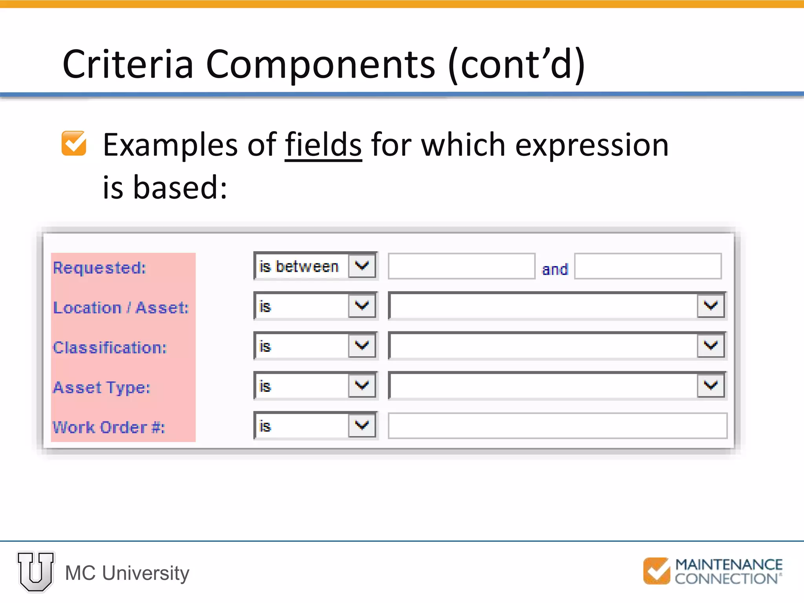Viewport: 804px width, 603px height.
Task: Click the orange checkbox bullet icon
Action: tap(74, 143)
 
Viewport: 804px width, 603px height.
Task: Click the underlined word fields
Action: tap(323, 145)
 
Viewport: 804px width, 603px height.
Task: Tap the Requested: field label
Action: tap(99, 268)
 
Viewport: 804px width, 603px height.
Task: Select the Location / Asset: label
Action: tap(121, 308)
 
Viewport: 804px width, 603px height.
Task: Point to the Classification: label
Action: tap(110, 348)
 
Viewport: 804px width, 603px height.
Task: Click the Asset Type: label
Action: tap(102, 388)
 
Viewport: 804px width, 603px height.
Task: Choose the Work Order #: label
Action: tap(109, 427)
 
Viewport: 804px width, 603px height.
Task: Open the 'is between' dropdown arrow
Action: tap(362, 266)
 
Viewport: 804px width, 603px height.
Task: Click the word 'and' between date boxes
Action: tap(555, 269)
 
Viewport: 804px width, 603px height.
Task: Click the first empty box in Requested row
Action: tap(461, 266)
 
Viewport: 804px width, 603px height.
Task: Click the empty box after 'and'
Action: tap(648, 266)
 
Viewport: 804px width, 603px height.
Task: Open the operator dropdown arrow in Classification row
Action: tap(362, 345)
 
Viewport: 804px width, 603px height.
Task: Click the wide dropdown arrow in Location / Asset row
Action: tap(711, 305)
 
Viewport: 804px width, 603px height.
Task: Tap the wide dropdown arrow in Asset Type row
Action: tap(711, 385)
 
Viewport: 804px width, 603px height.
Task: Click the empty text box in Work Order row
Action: tap(557, 426)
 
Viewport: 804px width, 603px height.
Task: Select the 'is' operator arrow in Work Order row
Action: tap(362, 425)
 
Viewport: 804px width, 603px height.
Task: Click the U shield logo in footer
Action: tap(36, 572)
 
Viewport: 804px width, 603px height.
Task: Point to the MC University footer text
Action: tap(127, 573)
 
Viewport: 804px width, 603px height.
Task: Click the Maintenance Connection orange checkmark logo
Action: tap(656, 571)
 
